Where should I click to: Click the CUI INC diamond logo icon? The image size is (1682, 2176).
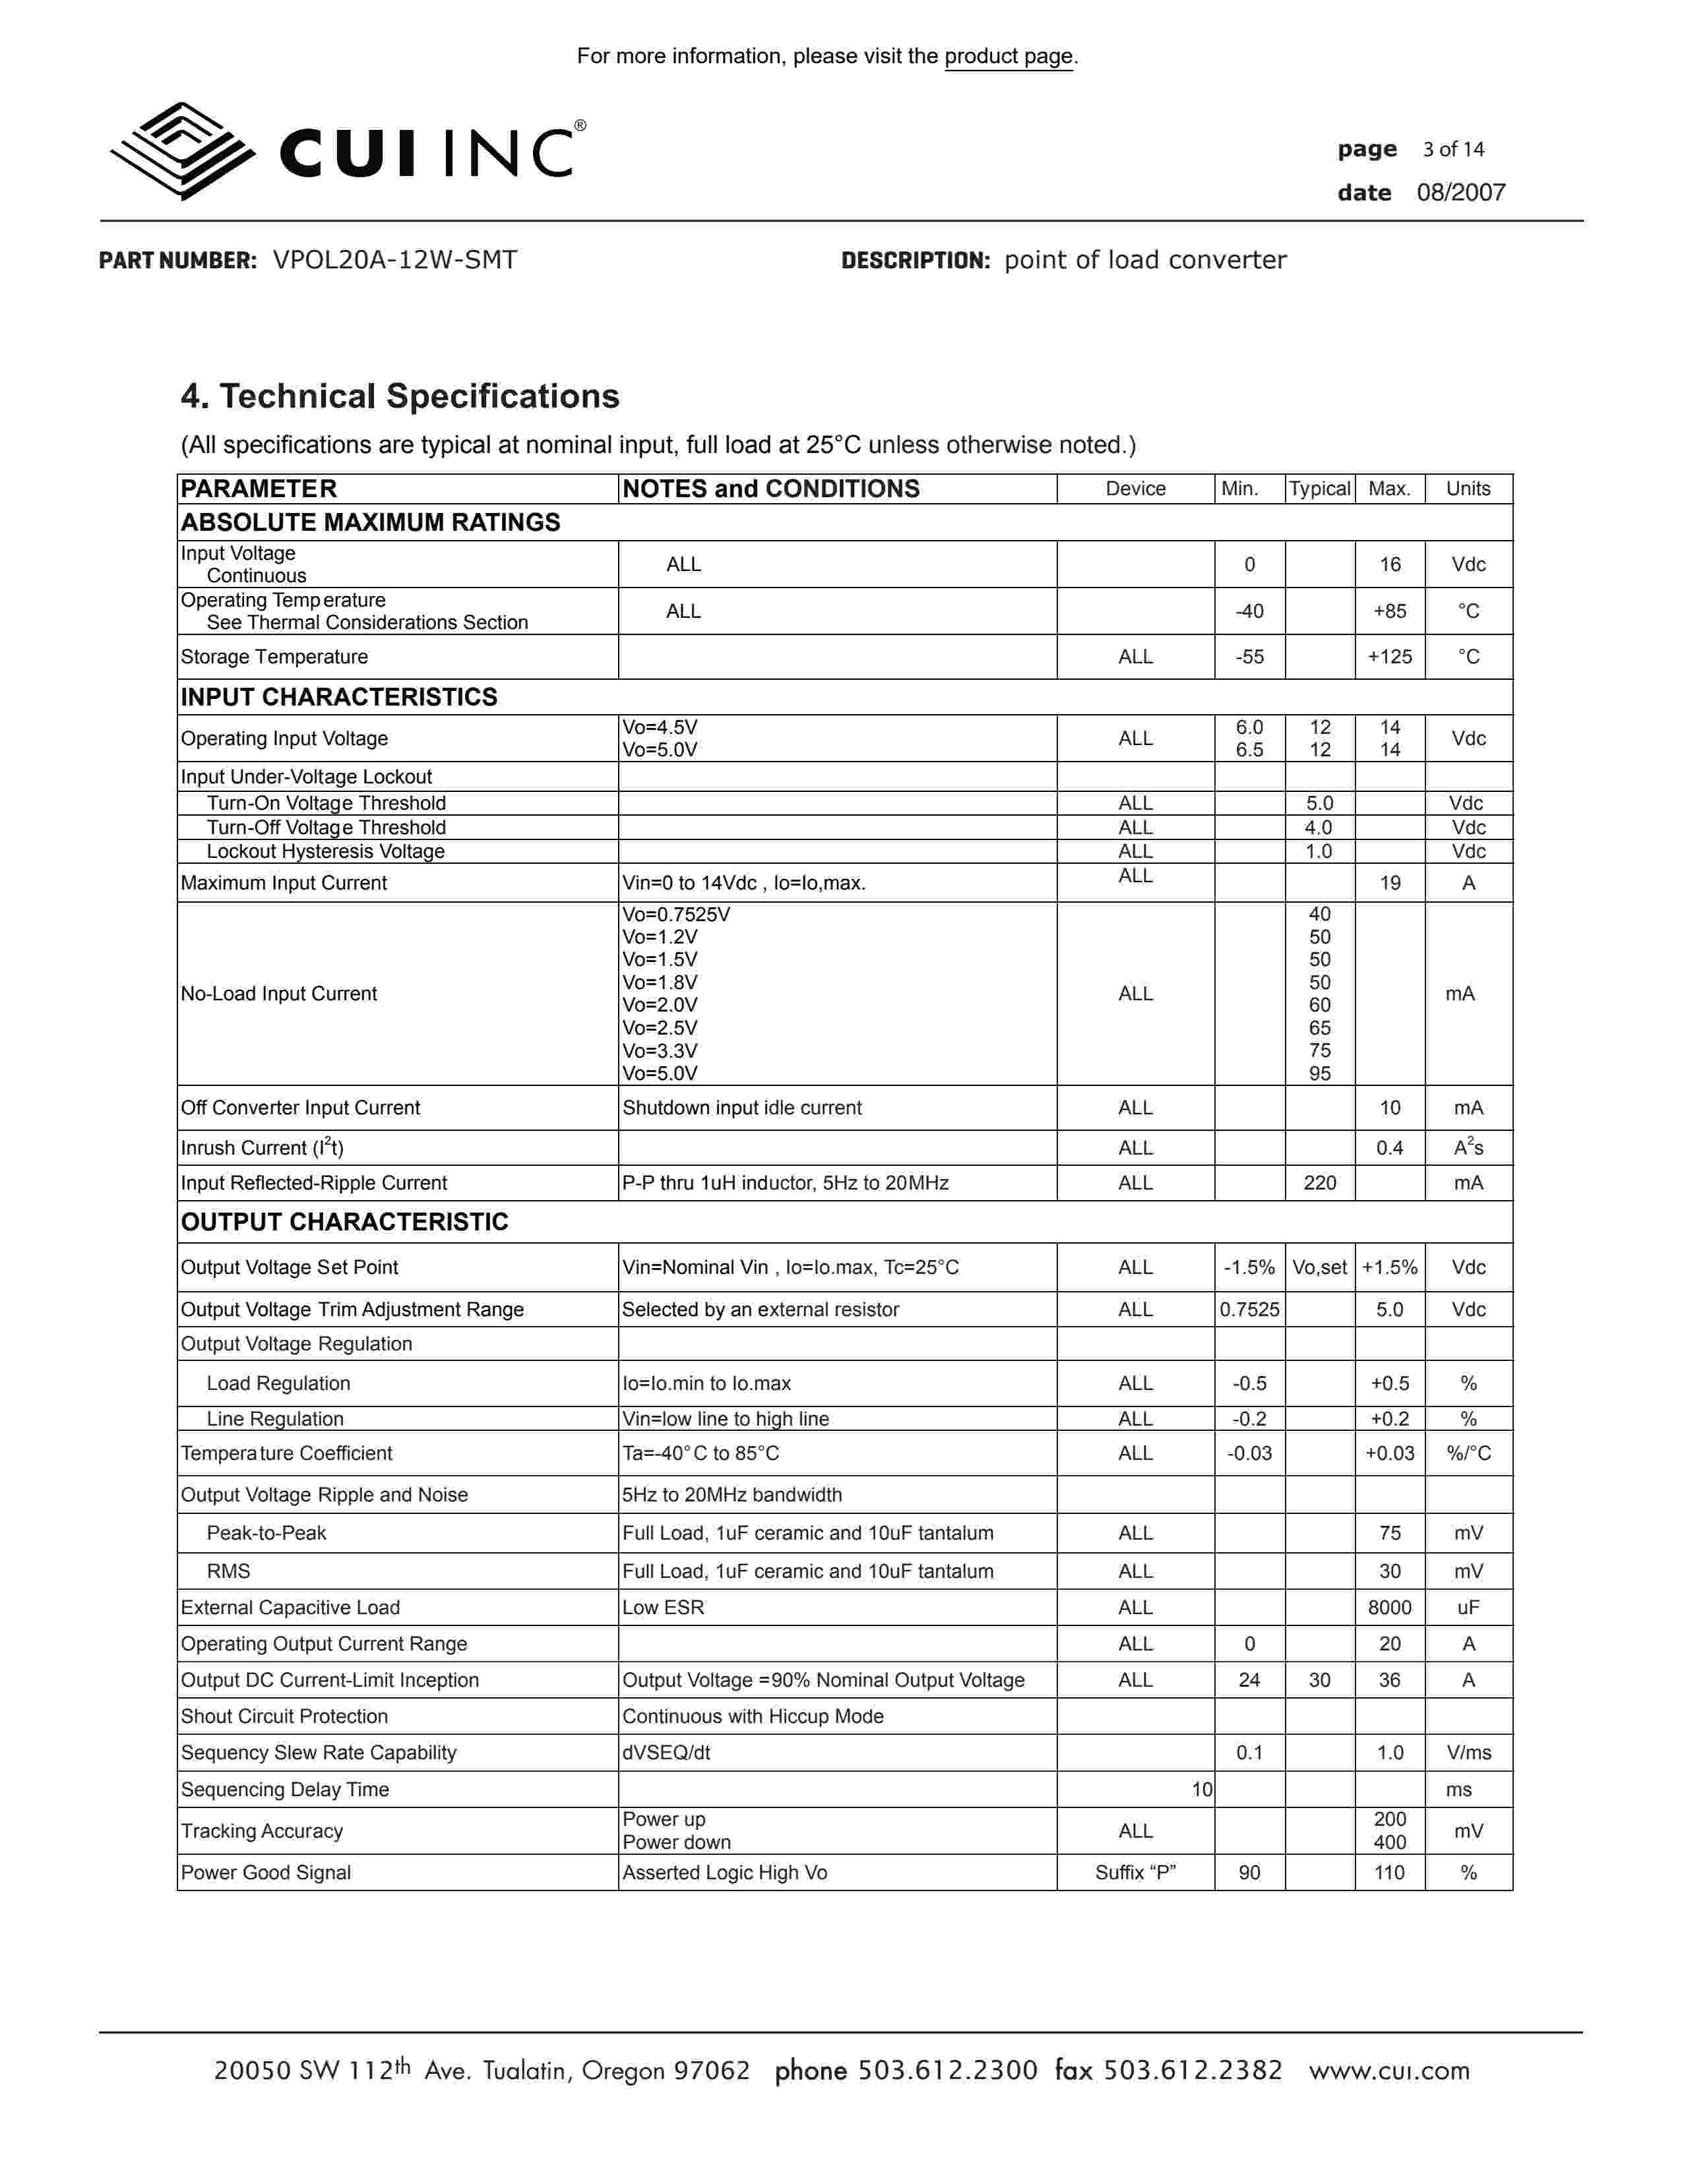[182, 152]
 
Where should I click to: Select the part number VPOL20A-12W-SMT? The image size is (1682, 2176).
[394, 260]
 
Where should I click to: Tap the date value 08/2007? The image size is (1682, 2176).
[1461, 193]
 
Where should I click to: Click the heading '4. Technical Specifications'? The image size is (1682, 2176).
[400, 396]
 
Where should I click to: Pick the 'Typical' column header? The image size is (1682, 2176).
[1319, 488]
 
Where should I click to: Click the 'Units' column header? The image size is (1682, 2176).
[1468, 488]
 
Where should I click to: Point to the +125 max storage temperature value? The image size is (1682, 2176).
[1389, 657]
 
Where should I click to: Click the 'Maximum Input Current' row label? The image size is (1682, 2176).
[284, 883]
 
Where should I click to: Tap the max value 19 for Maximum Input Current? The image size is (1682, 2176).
[1389, 883]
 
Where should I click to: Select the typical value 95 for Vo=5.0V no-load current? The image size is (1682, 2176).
[1319, 1073]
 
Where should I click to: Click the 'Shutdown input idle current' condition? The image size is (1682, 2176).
[741, 1108]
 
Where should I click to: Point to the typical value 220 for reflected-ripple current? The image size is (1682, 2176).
[1319, 1183]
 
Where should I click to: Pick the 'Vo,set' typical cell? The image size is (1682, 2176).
[1319, 1267]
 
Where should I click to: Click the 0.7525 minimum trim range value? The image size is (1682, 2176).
[1249, 1309]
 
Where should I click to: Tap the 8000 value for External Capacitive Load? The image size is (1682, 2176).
[1389, 1607]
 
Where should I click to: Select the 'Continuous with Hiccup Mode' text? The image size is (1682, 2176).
[753, 1716]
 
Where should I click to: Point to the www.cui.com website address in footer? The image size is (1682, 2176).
[1389, 2070]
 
